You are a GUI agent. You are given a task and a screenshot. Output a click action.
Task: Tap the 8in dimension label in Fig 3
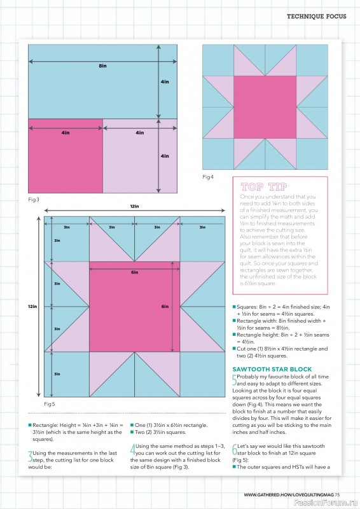(x=102, y=67)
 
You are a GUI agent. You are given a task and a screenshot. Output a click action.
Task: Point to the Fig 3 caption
(x=34, y=199)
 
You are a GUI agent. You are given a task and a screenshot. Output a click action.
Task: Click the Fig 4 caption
(x=208, y=176)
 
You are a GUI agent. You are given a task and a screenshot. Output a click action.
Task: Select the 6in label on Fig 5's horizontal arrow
(x=134, y=272)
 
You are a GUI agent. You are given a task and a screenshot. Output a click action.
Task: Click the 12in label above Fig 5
(x=134, y=207)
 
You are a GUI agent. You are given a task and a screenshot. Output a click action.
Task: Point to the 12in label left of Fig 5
(x=32, y=307)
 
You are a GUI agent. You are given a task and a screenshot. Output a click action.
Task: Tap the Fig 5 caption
(x=50, y=404)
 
